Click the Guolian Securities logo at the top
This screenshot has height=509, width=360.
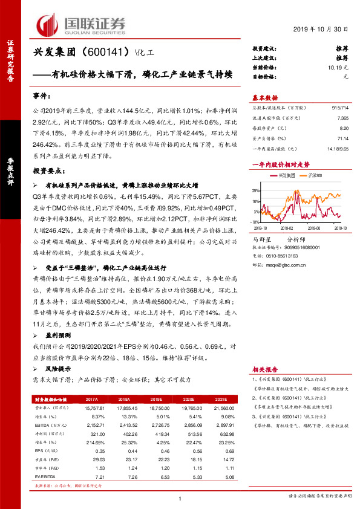coord(82,24)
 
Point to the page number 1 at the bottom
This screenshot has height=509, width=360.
coord(180,498)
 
